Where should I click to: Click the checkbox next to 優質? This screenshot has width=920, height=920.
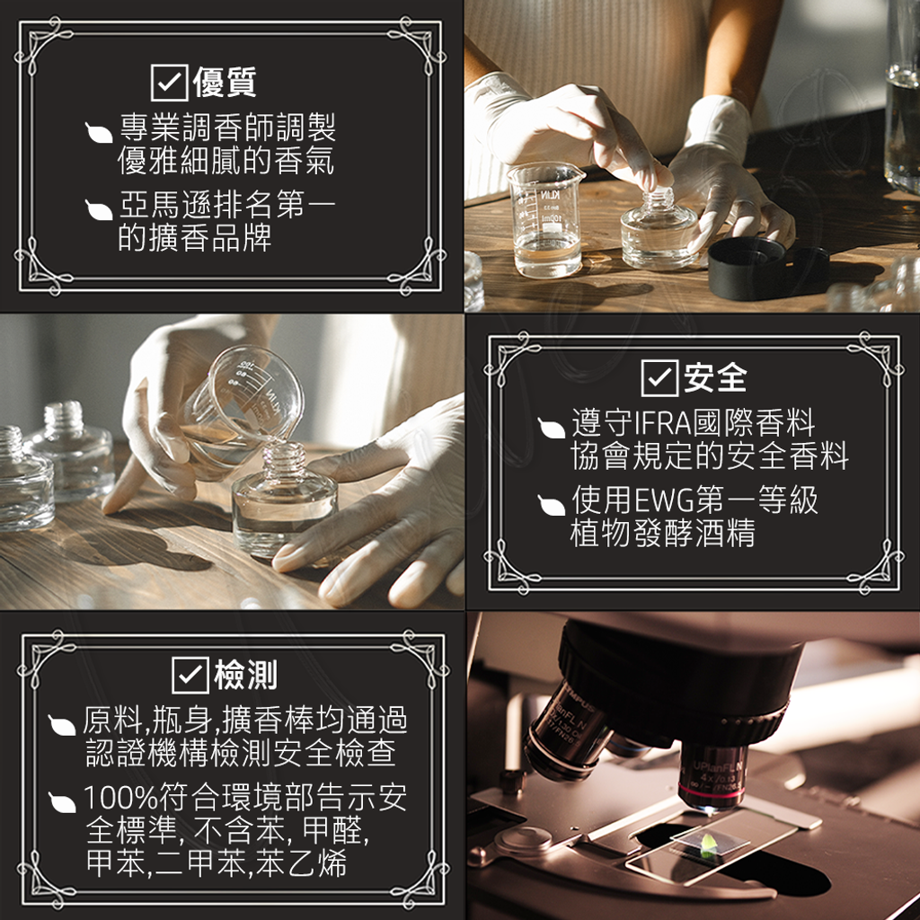[x=169, y=82]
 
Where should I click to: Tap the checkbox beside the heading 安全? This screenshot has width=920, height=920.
[x=659, y=376]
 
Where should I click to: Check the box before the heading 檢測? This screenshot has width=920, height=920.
[x=190, y=675]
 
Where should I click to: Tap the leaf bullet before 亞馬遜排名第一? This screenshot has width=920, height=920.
[x=98, y=210]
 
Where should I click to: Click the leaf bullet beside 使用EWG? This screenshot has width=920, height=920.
[x=551, y=506]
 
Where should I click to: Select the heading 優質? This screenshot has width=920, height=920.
[x=225, y=82]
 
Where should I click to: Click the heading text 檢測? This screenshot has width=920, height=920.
[x=245, y=675]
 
